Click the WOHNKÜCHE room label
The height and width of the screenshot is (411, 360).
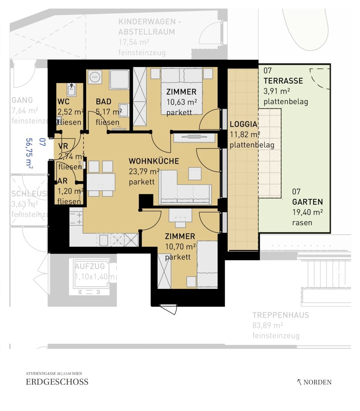154,161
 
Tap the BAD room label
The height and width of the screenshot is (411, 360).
104,102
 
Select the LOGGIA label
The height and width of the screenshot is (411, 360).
244,124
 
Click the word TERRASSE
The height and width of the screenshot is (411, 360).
283,81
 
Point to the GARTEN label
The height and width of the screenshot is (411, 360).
307,202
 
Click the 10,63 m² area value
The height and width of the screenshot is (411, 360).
182,102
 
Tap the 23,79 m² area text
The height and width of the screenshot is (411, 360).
144,172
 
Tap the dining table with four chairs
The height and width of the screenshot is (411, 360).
101,179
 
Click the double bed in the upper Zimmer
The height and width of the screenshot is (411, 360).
182,91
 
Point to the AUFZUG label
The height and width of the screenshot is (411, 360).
90,266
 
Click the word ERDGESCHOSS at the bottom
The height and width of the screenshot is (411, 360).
57,382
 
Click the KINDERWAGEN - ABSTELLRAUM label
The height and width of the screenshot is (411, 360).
147,27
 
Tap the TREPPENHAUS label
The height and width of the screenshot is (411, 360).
281,315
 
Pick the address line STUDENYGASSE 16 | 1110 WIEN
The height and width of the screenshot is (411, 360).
54,373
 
